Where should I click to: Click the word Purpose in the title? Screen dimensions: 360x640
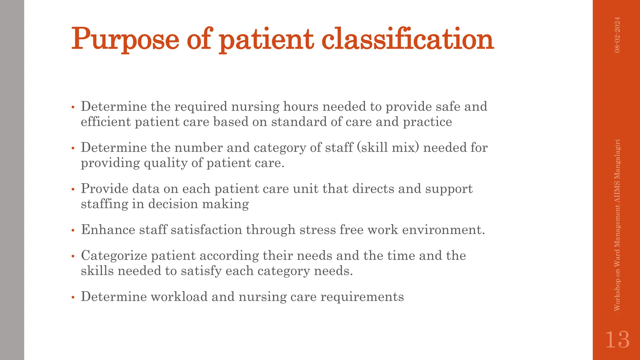[125, 39]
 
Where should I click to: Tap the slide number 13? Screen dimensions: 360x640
[617, 340]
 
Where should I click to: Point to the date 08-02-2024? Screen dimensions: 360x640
[617, 35]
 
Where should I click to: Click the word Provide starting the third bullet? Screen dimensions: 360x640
[104, 189]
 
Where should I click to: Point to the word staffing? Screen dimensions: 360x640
[104, 204]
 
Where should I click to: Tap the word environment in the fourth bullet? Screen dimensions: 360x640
[441, 230]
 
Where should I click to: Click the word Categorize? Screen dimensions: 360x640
[114, 256]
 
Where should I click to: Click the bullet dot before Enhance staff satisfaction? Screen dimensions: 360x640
[73, 231]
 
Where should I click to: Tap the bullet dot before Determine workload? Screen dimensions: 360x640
[73, 298]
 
